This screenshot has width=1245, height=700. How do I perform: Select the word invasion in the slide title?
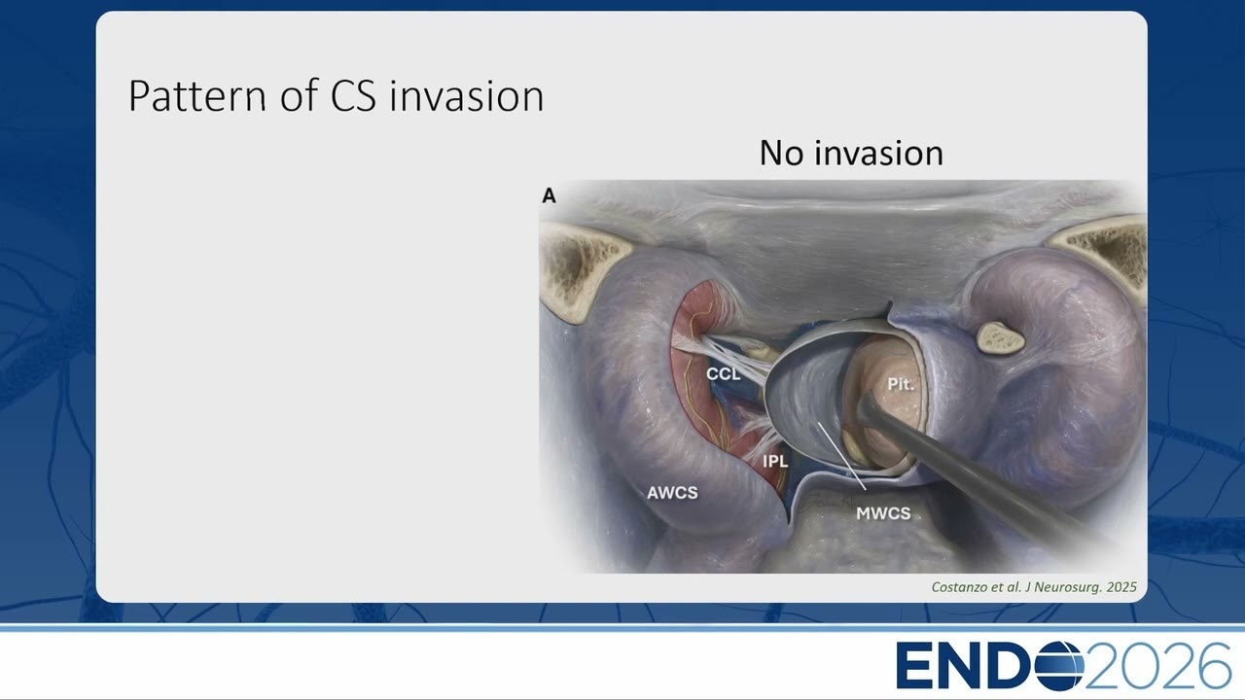click(466, 96)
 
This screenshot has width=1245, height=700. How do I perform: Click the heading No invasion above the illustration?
click(851, 153)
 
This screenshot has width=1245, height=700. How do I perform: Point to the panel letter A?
click(549, 195)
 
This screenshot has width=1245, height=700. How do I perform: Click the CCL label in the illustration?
click(723, 374)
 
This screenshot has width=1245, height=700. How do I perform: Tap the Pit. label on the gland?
click(901, 384)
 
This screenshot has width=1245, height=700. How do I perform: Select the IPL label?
click(775, 461)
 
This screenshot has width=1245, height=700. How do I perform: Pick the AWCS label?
click(672, 493)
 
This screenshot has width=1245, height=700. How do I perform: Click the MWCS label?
click(883, 513)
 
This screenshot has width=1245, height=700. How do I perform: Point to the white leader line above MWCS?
click(842, 457)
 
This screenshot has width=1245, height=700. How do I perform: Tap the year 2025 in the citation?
click(1121, 586)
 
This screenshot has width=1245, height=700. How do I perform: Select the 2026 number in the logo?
click(1157, 666)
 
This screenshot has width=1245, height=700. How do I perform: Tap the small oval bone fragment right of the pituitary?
click(1000, 337)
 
